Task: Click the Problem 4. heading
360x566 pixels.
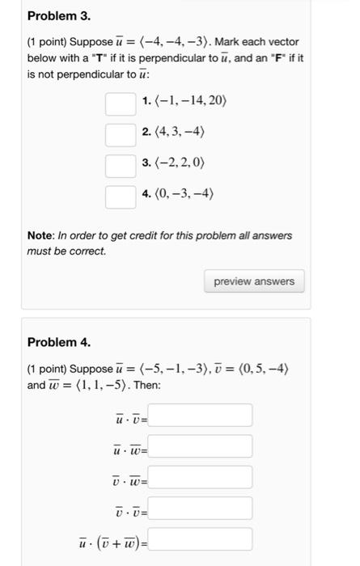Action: point(59,342)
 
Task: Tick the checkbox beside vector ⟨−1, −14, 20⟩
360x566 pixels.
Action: point(120,103)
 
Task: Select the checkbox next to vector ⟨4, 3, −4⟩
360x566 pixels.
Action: point(120,133)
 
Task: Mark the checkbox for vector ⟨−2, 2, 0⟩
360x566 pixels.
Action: point(120,164)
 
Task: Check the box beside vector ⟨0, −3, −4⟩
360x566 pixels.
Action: point(120,195)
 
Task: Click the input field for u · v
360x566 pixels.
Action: point(200,416)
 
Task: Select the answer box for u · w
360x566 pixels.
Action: point(200,446)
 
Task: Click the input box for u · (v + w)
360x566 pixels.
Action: point(200,539)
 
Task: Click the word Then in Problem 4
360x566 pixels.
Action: point(147,385)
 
